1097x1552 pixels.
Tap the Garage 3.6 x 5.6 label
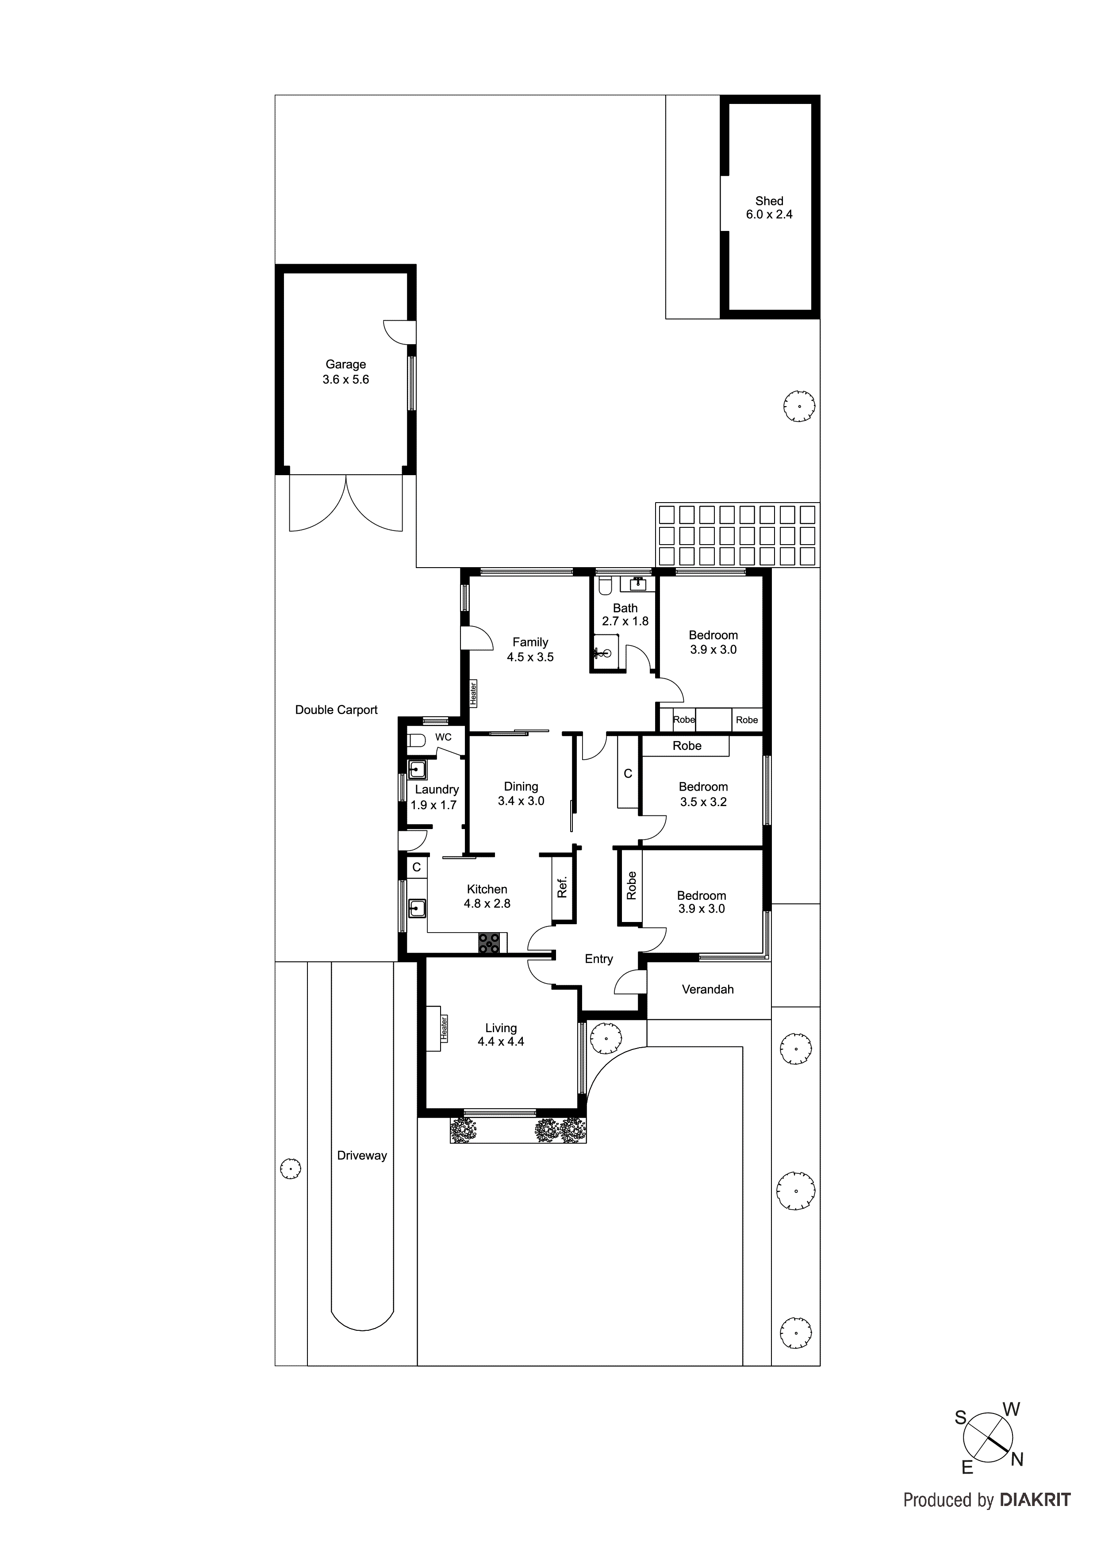pyautogui.click(x=345, y=372)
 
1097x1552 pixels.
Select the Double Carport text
pyautogui.click(x=336, y=710)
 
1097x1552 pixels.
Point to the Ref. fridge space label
pyautogui.click(x=562, y=887)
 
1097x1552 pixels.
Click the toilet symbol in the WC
pyautogui.click(x=416, y=740)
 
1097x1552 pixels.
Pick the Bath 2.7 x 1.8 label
pyautogui.click(x=625, y=615)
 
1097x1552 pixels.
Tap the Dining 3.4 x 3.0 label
pyautogui.click(x=521, y=794)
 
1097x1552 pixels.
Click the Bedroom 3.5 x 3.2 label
pyautogui.click(x=703, y=794)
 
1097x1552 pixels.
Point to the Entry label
pyautogui.click(x=598, y=959)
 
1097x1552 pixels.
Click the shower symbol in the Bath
pyautogui.click(x=604, y=653)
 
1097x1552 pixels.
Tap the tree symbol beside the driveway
pyautogui.click(x=291, y=1169)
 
